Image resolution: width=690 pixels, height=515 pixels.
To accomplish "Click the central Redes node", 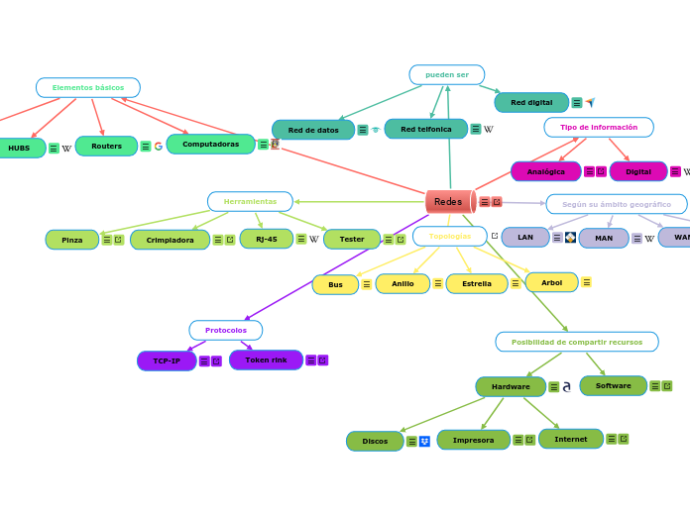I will click(449, 201).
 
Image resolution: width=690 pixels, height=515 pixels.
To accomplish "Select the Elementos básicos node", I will click(88, 87).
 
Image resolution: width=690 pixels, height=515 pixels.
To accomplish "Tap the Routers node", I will click(106, 146).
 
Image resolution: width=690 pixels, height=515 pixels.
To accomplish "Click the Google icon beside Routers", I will click(159, 147).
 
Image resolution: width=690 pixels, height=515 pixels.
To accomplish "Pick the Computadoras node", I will click(210, 145).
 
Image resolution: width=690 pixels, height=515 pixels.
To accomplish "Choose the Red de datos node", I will click(313, 130).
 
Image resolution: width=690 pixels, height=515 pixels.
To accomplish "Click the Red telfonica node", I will click(425, 129).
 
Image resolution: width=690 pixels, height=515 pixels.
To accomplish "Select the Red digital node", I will click(531, 102).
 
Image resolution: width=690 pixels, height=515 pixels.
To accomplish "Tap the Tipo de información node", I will click(599, 127).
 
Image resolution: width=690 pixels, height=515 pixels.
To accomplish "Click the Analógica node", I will click(545, 171).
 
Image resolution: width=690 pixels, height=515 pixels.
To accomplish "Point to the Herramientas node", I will click(250, 201).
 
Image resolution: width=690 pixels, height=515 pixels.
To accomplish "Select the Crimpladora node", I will click(170, 240).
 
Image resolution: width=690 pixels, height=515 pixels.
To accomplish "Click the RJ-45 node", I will click(266, 239).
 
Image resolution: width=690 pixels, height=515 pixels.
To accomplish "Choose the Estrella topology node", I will click(476, 283).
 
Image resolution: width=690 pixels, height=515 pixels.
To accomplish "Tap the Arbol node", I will click(551, 282).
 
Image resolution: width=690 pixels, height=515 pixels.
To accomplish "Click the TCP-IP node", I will click(167, 360).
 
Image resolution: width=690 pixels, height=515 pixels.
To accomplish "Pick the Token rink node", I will click(266, 360).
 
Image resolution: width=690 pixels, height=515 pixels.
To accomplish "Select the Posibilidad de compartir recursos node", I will click(576, 342).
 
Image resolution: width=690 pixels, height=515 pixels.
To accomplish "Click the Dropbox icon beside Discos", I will click(424, 441).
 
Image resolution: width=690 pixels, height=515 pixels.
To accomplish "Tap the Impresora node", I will click(473, 440).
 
